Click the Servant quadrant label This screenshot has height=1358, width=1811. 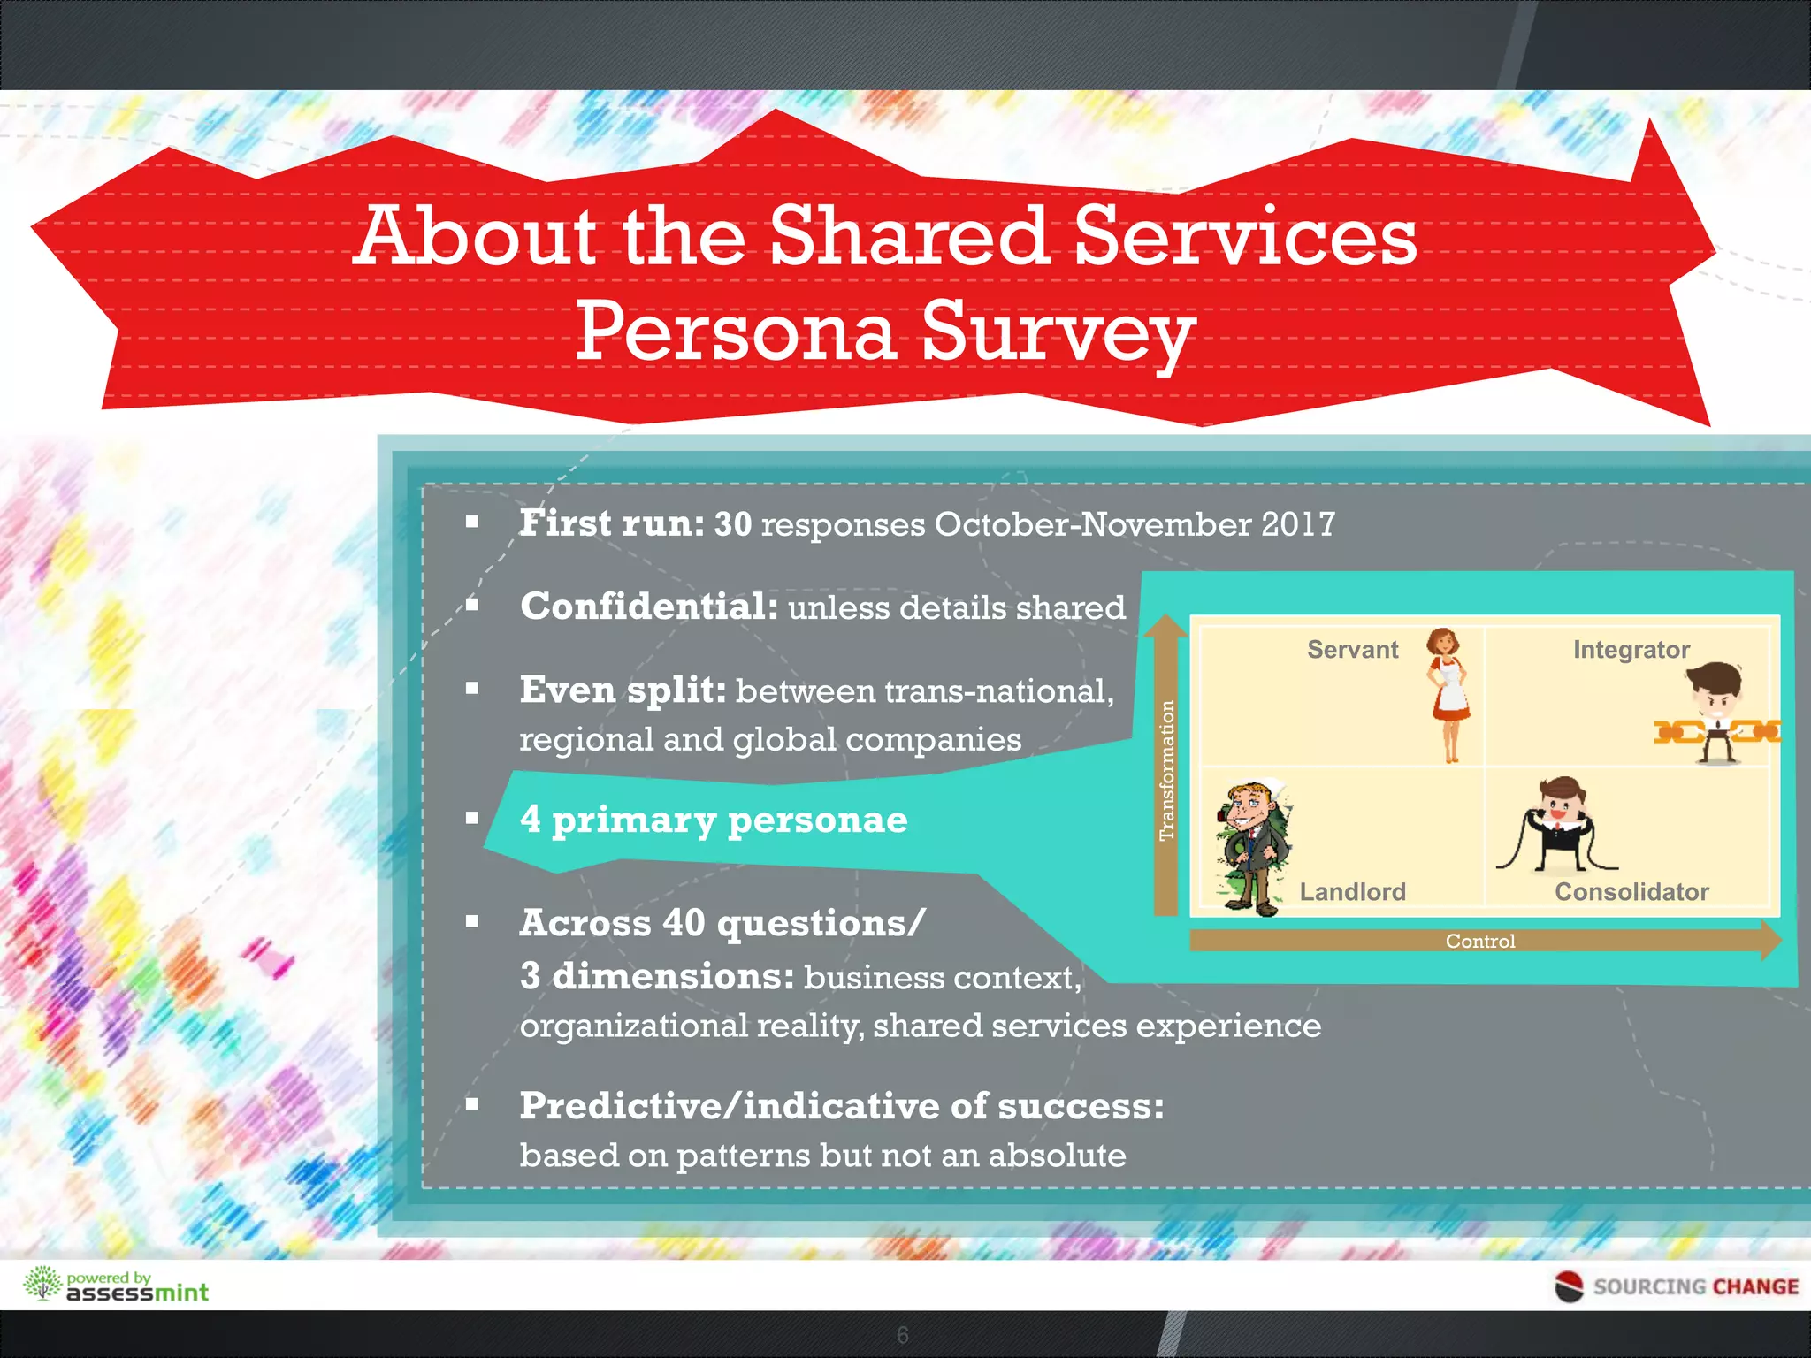[1352, 650]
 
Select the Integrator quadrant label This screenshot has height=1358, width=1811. [1631, 650]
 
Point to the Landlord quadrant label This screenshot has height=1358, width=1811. [1352, 891]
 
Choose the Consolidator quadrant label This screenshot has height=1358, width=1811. [1631, 891]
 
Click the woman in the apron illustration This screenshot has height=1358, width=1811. [1448, 694]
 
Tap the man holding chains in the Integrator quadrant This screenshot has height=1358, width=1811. [1716, 712]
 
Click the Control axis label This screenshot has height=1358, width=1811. [1479, 941]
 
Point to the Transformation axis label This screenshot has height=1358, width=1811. [1166, 769]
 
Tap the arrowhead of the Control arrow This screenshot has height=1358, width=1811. [1771, 940]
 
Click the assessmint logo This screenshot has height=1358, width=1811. [116, 1286]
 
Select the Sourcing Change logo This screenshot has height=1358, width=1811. [1677, 1286]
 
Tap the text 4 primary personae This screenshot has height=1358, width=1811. [713, 820]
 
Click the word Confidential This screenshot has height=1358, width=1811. [648, 607]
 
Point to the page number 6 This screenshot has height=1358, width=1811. [902, 1335]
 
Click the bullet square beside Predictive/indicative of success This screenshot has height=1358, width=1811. [472, 1103]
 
